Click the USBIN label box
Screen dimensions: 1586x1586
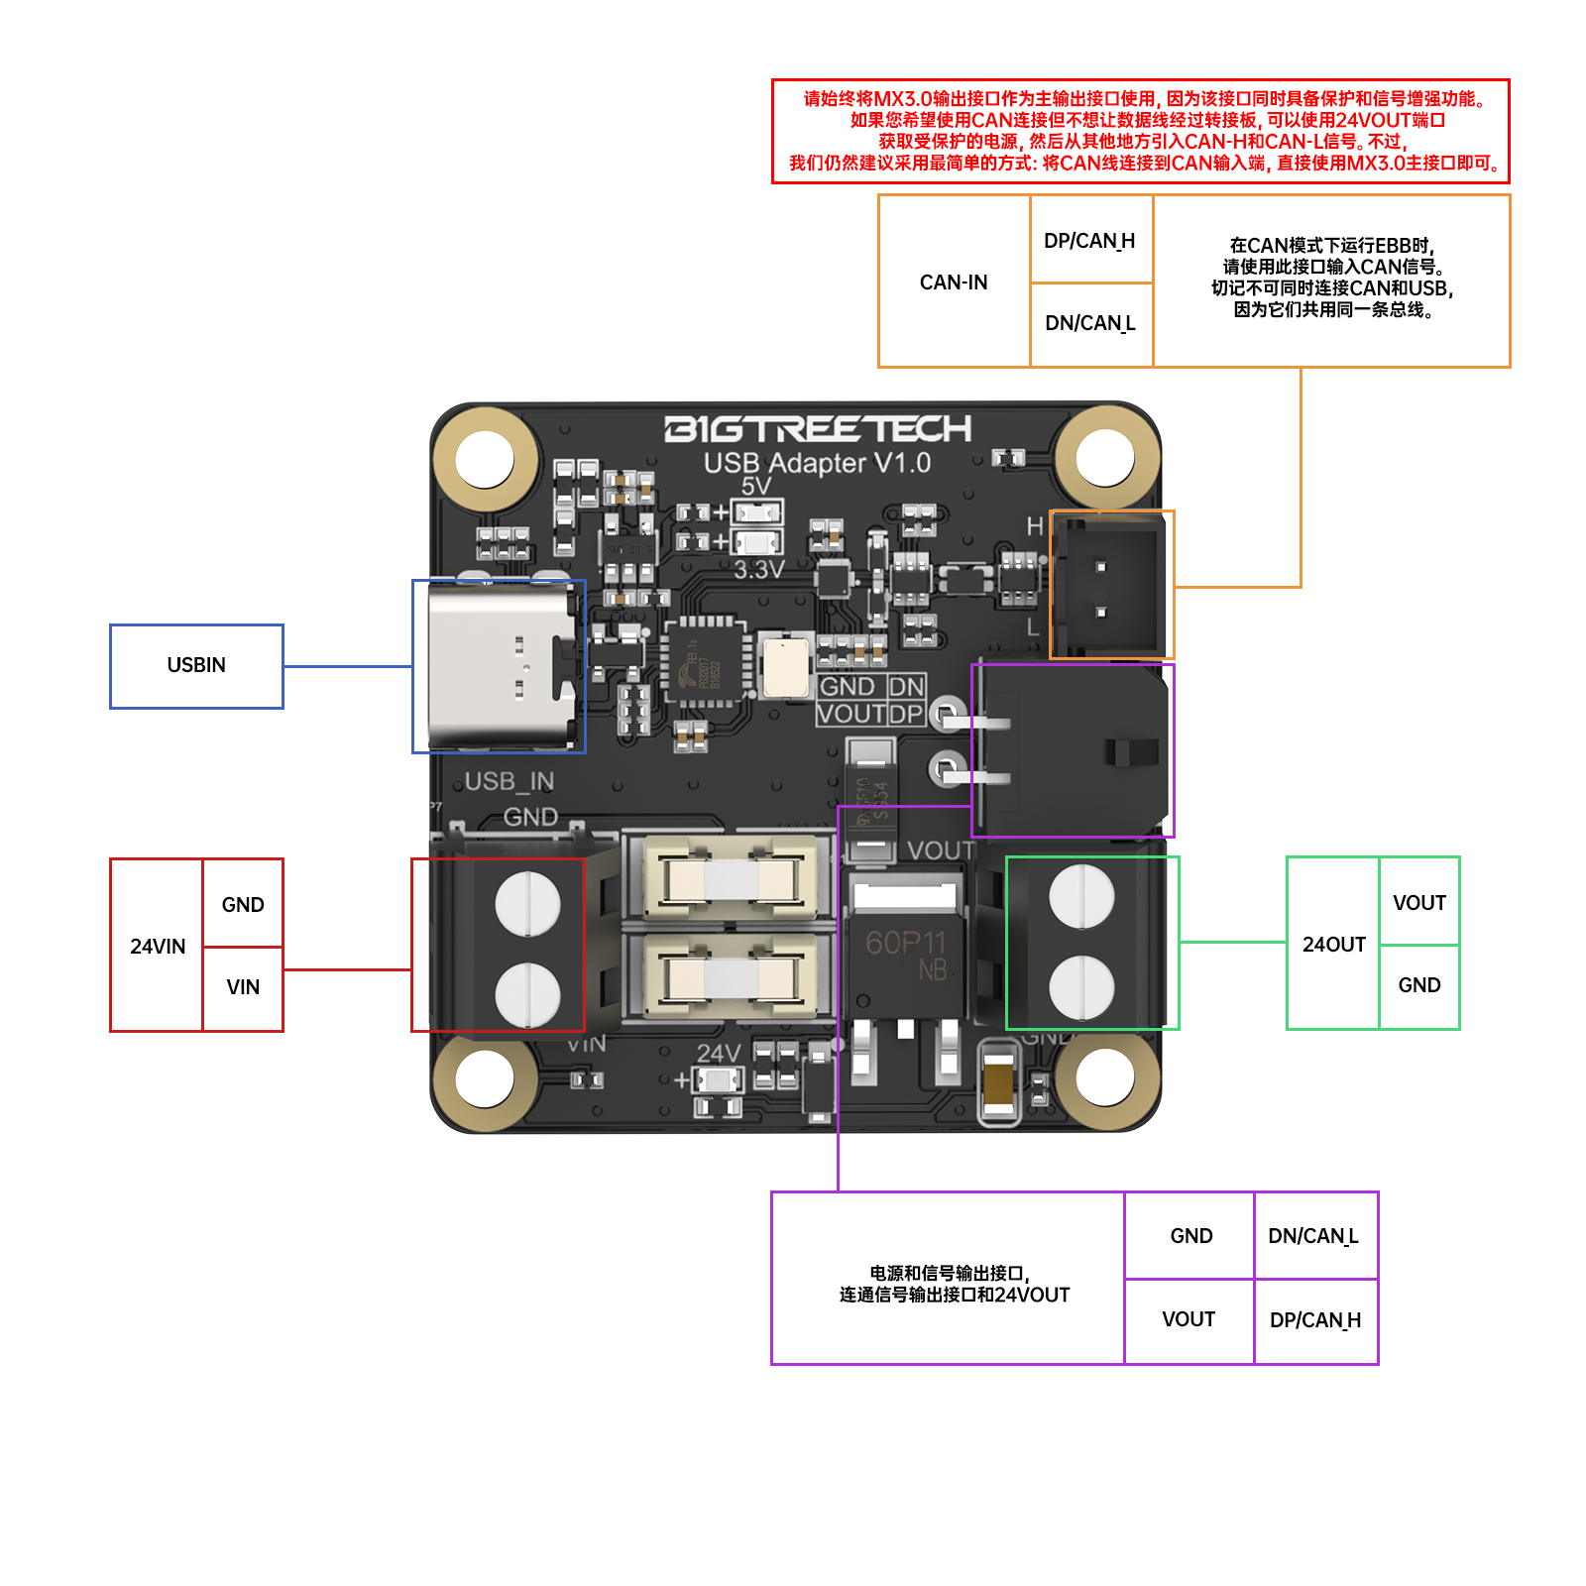196,665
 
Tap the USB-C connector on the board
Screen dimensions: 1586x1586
500,665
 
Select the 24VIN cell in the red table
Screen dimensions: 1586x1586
157,946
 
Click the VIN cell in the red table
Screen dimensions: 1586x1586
243,987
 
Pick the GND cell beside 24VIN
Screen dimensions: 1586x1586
243,904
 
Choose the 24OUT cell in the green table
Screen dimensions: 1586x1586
1333,944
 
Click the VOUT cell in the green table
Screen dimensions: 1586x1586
1418,902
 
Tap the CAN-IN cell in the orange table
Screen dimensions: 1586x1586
954,282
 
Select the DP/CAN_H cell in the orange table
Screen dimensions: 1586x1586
1090,240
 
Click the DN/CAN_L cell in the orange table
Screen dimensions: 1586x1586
1090,323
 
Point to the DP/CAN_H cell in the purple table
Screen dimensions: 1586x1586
1315,1320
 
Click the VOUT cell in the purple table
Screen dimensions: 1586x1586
1189,1319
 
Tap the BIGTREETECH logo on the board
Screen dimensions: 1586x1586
817,428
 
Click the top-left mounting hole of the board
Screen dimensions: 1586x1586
485,458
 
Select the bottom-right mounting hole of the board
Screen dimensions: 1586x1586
1105,1076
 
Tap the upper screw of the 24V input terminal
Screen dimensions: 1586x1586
527,903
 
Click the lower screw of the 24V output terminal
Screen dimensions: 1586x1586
1081,987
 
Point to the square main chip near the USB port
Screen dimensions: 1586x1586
705,662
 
